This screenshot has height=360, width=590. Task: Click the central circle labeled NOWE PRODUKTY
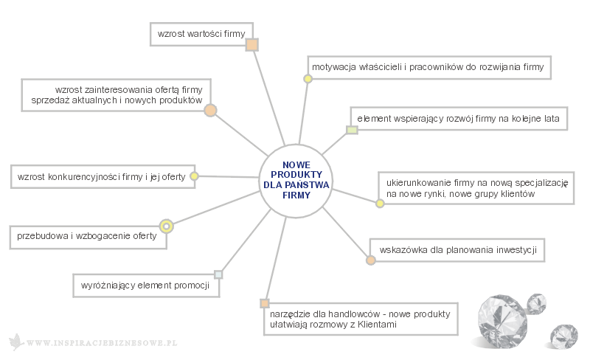(x=296, y=181)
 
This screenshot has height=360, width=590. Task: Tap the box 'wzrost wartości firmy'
(x=201, y=34)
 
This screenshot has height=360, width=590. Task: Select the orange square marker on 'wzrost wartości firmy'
(x=251, y=45)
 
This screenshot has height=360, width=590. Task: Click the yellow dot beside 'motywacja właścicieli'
(x=308, y=79)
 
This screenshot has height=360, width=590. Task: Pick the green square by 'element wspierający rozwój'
(x=352, y=130)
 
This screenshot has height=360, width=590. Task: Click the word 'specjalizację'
(x=541, y=184)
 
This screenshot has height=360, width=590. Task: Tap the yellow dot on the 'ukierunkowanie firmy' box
(x=380, y=204)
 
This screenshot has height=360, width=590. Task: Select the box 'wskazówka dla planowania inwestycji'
(x=457, y=250)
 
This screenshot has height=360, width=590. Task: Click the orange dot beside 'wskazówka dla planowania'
(x=371, y=260)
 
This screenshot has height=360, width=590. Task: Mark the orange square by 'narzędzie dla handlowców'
(x=265, y=303)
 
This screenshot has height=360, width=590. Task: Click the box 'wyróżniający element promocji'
(x=146, y=285)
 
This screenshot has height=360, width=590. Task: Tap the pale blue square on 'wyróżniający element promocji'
(x=218, y=274)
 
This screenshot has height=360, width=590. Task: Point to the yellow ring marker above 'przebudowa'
(x=167, y=226)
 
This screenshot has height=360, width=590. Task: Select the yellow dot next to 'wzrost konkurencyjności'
(x=194, y=176)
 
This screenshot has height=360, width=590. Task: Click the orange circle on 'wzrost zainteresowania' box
(x=210, y=111)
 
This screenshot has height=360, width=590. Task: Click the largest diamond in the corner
(x=502, y=320)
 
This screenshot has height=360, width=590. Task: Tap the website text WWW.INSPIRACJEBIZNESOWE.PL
(x=102, y=343)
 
